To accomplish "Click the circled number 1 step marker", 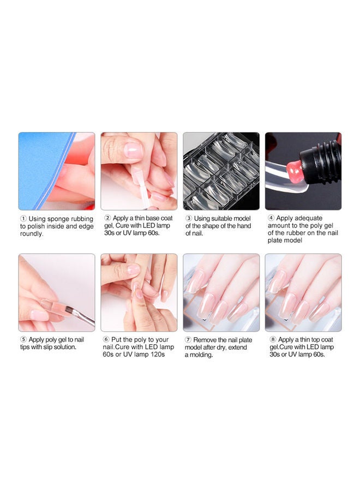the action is coord(23,219).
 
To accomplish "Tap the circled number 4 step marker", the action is coord(271,218).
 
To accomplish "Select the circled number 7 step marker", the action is coord(188,340).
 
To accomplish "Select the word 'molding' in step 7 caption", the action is coord(201,355).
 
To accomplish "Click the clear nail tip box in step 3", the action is coord(221,171).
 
